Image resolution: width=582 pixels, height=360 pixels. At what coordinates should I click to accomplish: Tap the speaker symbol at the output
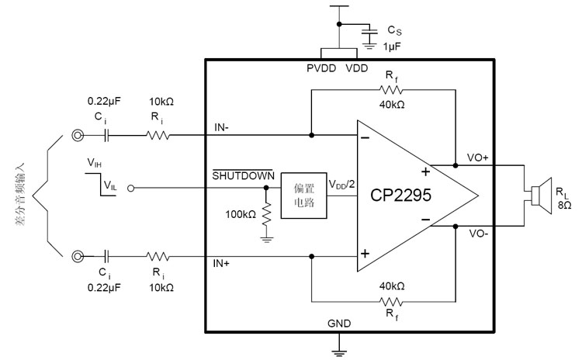pos(535,196)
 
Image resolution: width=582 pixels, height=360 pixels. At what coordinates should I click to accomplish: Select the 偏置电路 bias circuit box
pos(303,194)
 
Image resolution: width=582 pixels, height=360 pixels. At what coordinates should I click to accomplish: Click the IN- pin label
pos(222,126)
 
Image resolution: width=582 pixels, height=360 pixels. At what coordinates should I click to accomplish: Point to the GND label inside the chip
pos(339,323)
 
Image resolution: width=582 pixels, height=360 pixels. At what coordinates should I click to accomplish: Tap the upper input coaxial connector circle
pos(78,135)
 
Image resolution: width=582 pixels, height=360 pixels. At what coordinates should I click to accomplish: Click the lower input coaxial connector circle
pos(78,255)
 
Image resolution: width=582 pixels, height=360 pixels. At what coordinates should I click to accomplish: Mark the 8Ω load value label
pos(564,206)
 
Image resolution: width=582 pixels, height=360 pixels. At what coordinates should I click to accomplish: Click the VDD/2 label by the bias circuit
pos(341,185)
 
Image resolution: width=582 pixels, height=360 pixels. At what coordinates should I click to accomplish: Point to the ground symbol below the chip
pos(339,353)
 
